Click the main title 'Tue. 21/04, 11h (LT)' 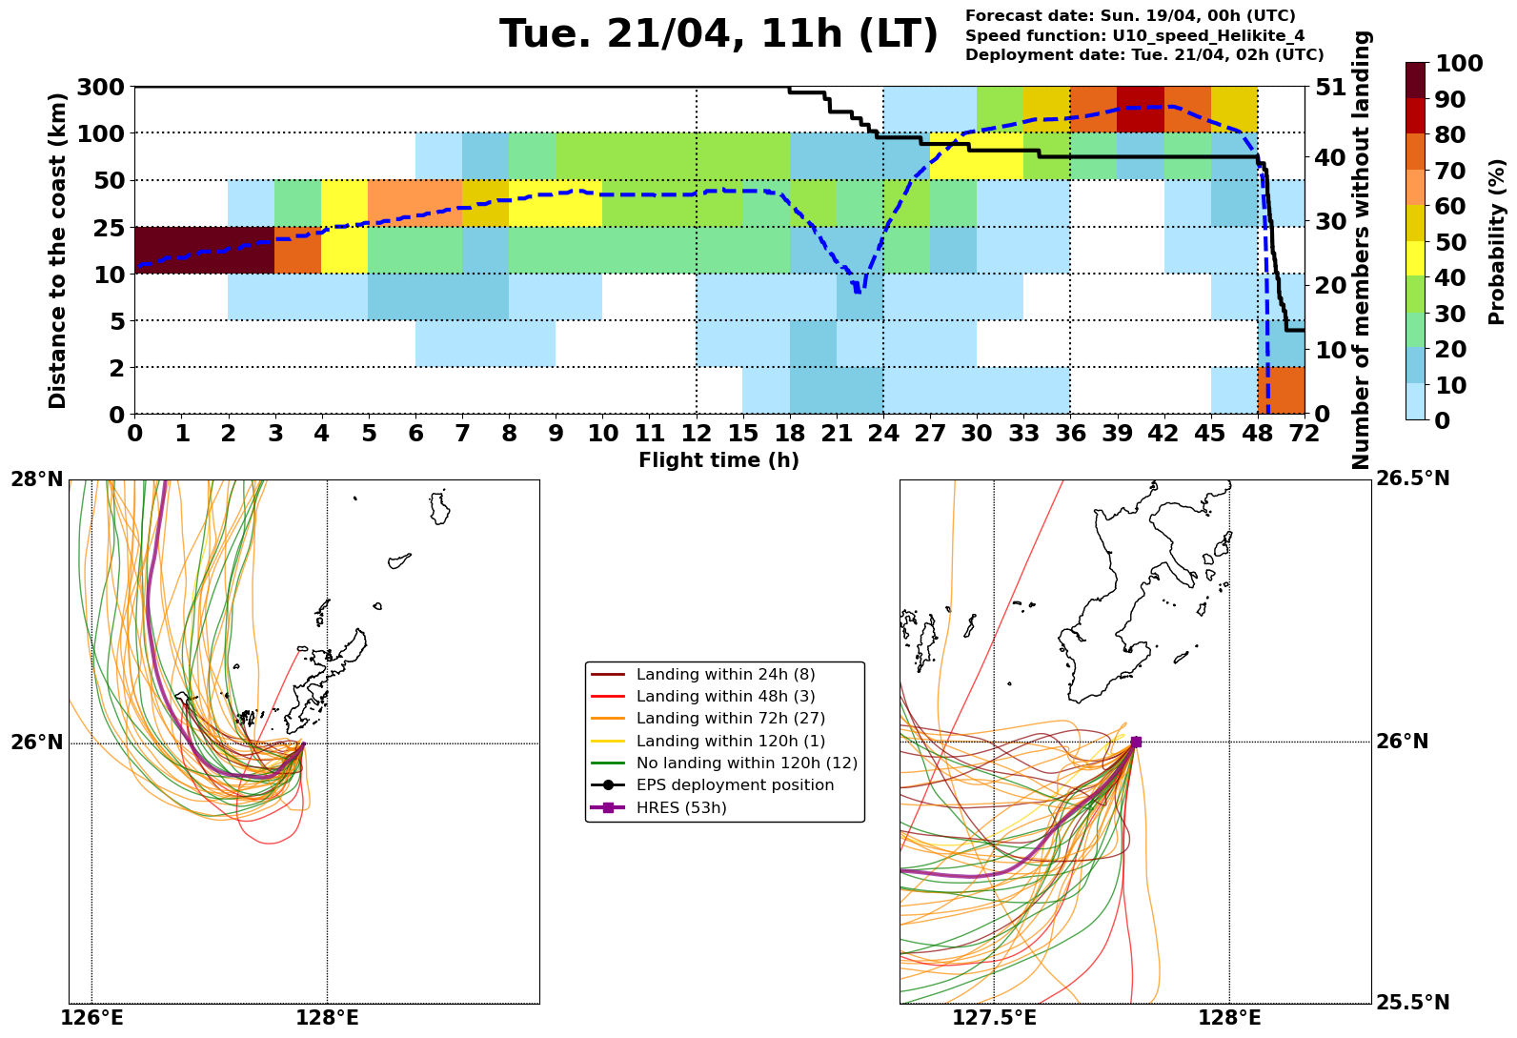click(x=718, y=35)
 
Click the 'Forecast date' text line click(x=1130, y=16)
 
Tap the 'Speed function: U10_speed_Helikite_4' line click(x=1135, y=36)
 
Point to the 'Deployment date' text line click(x=1144, y=55)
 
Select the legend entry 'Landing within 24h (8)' click(x=725, y=675)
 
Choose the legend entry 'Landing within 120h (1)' click(x=731, y=741)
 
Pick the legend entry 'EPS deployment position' click(x=735, y=785)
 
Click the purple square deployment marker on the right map click(x=1136, y=742)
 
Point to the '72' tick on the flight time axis click(x=1304, y=434)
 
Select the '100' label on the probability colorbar click(x=1459, y=64)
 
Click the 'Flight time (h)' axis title click(x=718, y=460)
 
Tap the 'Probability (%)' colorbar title click(x=1497, y=241)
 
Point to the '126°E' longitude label click(x=92, y=1018)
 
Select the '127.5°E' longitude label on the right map click(x=994, y=1018)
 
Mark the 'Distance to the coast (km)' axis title click(x=58, y=250)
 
